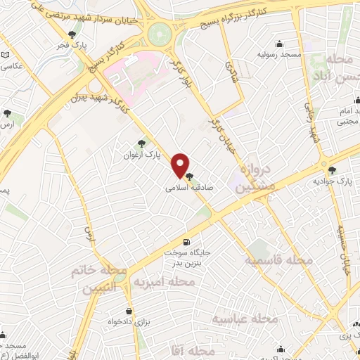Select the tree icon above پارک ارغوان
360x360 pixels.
(x=142, y=143)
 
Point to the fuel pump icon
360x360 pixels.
(x=186, y=240)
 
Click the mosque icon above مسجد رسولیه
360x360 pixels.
(x=280, y=44)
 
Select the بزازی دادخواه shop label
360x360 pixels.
(x=129, y=321)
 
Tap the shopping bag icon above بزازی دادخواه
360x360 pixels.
(x=129, y=310)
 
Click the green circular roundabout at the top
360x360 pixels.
(x=160, y=32)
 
